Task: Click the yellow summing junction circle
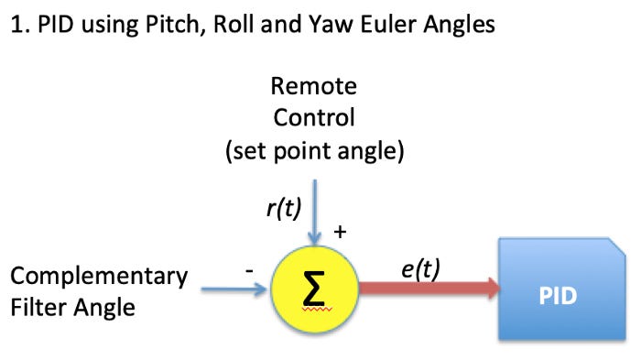(x=313, y=292)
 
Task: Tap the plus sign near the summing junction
(x=340, y=233)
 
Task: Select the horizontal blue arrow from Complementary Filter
(x=234, y=291)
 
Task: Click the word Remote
(x=314, y=88)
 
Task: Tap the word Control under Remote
(x=314, y=119)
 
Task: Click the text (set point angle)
(x=314, y=150)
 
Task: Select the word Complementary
(x=99, y=277)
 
